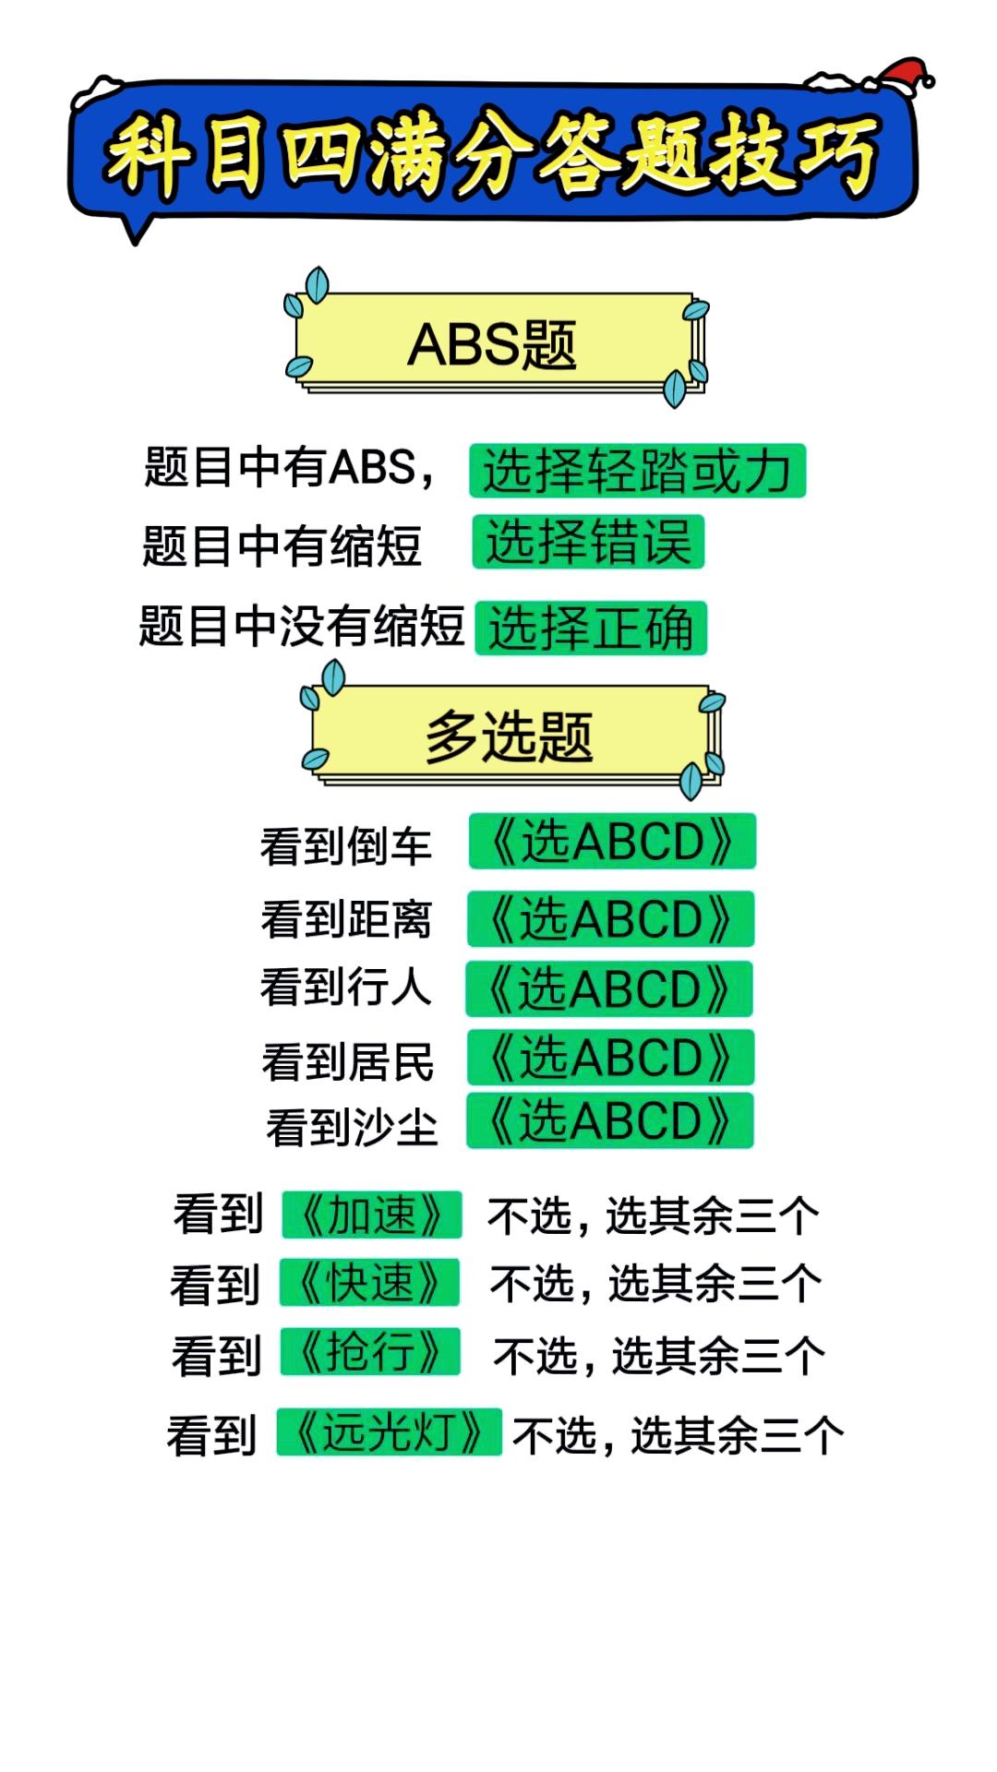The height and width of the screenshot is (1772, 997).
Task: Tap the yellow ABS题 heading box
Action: pyautogui.click(x=495, y=343)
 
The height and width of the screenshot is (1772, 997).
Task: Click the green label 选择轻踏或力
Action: pyautogui.click(x=637, y=471)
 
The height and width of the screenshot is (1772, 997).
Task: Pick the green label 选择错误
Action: pyautogui.click(x=588, y=542)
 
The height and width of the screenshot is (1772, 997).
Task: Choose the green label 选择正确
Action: pyautogui.click(x=591, y=629)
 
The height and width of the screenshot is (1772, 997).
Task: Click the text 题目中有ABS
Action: pyautogui.click(x=281, y=466)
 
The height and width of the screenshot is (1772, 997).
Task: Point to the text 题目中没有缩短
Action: pyautogui.click(x=301, y=627)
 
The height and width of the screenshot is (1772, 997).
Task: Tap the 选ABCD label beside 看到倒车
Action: pyautogui.click(x=612, y=841)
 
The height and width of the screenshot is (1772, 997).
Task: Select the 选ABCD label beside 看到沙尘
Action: pyautogui.click(x=610, y=1120)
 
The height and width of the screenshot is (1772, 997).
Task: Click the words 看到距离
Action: pyautogui.click(x=346, y=919)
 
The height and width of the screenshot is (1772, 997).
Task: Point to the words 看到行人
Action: pyautogui.click(x=346, y=987)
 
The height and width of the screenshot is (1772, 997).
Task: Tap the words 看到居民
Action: pyautogui.click(x=348, y=1061)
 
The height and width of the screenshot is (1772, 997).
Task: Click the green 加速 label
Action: pyautogui.click(x=371, y=1215)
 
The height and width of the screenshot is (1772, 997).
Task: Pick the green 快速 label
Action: pyautogui.click(x=369, y=1282)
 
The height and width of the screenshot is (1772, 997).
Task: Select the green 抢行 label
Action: pyautogui.click(x=370, y=1351)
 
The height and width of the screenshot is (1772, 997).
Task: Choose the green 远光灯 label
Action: pyautogui.click(x=390, y=1432)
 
